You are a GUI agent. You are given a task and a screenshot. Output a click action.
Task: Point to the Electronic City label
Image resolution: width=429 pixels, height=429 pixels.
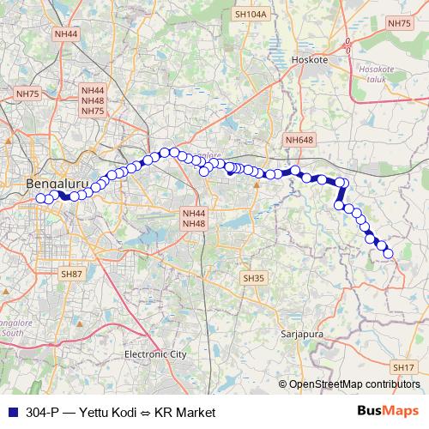click(155, 353)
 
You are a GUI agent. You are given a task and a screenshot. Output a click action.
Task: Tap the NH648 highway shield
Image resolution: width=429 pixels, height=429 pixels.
click(300, 139)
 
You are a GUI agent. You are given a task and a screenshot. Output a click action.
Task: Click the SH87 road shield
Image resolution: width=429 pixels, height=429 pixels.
click(70, 273)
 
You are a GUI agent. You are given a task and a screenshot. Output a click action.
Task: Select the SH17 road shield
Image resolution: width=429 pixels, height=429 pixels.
click(403, 367)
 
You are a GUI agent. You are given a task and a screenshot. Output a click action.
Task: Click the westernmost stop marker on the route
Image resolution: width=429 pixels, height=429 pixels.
click(39, 198)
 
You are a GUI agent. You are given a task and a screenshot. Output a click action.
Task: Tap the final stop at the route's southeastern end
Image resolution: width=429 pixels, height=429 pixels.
click(388, 253)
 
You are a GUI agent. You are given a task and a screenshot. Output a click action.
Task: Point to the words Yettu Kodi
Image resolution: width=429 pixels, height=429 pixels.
click(107, 412)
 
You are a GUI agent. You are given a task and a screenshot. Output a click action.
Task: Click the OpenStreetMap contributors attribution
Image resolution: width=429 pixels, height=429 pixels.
click(353, 384)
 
